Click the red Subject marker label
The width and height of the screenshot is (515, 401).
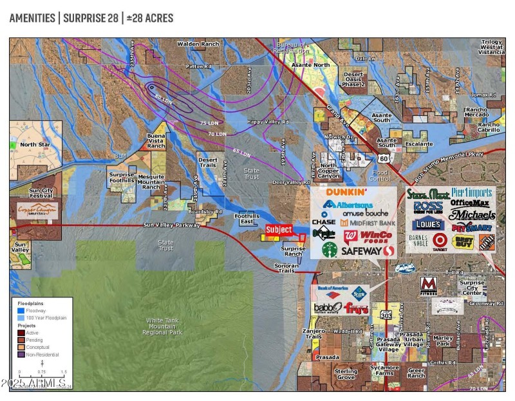[279, 229]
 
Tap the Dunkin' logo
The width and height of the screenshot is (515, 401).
[346, 192]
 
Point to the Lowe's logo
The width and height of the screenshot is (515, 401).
[428, 225]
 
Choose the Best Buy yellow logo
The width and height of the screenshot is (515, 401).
[462, 242]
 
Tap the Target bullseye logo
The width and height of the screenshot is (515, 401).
[440, 240]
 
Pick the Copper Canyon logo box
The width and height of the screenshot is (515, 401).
[37, 210]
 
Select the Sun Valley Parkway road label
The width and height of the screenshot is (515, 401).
[171, 225]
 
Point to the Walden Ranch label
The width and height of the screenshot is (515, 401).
[198, 44]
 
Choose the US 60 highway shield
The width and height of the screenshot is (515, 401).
[383, 158]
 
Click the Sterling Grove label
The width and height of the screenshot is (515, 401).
[346, 374]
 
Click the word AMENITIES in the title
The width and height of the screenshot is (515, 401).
[32, 18]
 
